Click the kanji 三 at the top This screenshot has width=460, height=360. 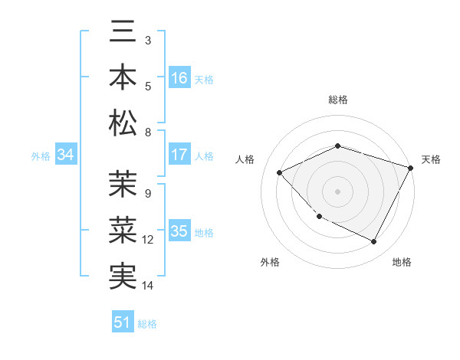pos(123,33)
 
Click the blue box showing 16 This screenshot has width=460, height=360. pos(179,78)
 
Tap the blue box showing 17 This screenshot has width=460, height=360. pos(179,155)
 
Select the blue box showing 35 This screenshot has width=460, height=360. pos(179,231)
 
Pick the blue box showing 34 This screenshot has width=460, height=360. pos(66,155)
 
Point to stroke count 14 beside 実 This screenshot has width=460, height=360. pos(148,286)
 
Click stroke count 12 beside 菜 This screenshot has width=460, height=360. pos(148,240)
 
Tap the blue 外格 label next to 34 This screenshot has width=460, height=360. pos(41,155)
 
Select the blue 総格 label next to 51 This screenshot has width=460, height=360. pos(147,323)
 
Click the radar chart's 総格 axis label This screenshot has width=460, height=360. pos(337,100)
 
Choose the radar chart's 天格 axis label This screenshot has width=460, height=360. pos(431,159)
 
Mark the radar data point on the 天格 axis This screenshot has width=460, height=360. pos(411,167)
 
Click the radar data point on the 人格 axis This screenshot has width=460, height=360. pos(280,172)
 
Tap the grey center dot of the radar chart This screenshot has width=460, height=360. pos(337,191)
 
